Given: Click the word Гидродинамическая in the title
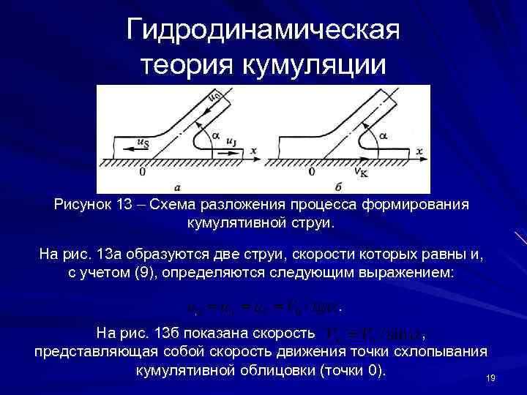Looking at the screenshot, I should [263, 31].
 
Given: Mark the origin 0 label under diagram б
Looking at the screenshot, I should [312, 173].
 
